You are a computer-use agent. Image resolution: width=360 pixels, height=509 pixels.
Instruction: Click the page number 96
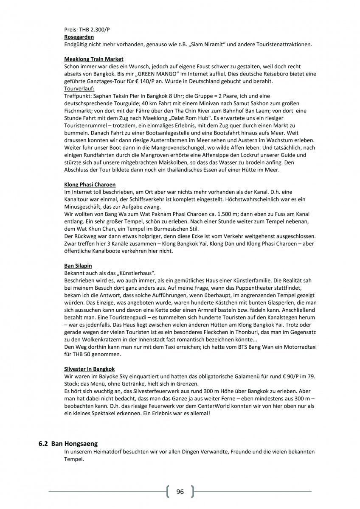[180, 492]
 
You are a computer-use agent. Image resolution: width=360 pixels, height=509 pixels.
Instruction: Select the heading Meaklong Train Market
[94, 59]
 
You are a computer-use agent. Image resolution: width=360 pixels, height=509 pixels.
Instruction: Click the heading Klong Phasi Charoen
[90, 185]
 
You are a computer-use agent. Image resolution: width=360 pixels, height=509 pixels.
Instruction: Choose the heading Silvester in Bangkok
[89, 369]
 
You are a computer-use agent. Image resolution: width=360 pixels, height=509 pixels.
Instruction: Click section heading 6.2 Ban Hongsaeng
[68, 444]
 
